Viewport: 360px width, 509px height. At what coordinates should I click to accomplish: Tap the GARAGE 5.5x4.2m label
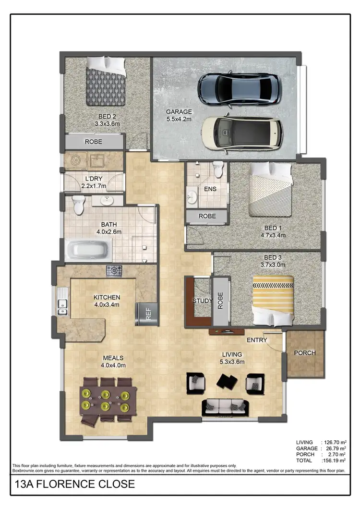click(x=179, y=115)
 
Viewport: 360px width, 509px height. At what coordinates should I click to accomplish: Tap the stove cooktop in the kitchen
click(x=114, y=271)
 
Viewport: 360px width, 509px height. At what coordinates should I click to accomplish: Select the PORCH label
click(x=305, y=353)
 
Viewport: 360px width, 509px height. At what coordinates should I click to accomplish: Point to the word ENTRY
click(x=257, y=340)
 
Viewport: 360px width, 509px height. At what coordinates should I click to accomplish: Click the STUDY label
click(x=202, y=301)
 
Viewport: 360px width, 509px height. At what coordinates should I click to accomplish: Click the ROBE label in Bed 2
click(x=93, y=142)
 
